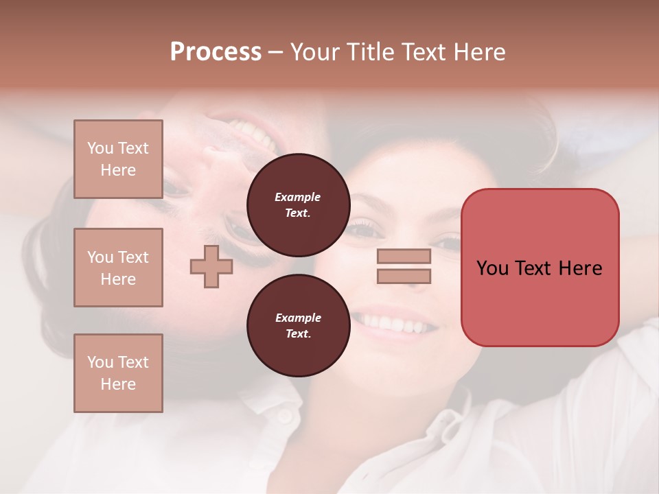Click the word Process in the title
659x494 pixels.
click(x=216, y=52)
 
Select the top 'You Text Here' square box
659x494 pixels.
click(x=118, y=159)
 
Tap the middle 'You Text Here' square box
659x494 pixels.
click(x=118, y=268)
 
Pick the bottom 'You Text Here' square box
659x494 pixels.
click(x=118, y=373)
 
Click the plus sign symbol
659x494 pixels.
click(x=211, y=267)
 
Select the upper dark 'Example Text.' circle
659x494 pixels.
click(x=298, y=204)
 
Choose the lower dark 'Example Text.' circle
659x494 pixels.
click(x=298, y=325)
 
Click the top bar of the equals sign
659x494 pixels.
click(x=404, y=257)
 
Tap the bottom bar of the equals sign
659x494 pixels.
click(x=404, y=277)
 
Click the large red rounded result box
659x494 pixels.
click(x=540, y=268)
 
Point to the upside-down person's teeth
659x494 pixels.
click(x=251, y=133)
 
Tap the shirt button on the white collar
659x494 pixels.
click(x=284, y=416)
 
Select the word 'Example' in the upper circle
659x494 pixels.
click(x=298, y=197)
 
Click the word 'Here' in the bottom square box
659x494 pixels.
click(x=118, y=384)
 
